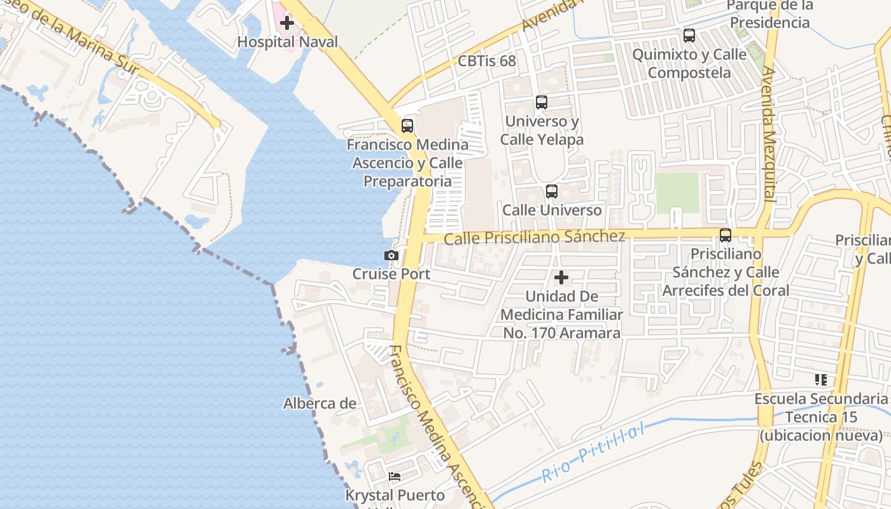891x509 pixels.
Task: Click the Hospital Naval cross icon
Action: tap(287, 23)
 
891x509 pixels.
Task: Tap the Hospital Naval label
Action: tap(288, 42)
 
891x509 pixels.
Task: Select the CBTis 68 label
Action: tap(487, 61)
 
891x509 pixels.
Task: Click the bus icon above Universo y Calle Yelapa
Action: tap(542, 102)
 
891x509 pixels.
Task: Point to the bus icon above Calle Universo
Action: tap(552, 191)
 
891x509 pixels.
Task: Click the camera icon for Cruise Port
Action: tap(391, 255)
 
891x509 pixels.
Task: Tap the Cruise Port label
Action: tap(391, 274)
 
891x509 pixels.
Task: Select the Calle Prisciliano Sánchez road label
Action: tap(535, 237)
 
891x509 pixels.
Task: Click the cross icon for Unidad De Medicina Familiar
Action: tap(561, 277)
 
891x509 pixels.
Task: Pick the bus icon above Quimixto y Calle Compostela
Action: tap(689, 36)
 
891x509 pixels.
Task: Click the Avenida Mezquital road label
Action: tap(768, 134)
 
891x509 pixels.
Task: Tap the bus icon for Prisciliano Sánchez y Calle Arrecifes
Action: tap(726, 235)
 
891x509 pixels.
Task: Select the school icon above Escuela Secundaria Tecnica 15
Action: tap(821, 380)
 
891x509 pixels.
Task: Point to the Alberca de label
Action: tap(319, 403)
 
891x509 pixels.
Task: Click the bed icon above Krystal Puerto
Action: tap(395, 476)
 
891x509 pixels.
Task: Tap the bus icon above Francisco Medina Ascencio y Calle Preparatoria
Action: tap(407, 125)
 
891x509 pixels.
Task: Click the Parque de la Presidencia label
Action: tap(770, 14)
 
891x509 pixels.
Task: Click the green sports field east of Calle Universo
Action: tap(677, 193)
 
